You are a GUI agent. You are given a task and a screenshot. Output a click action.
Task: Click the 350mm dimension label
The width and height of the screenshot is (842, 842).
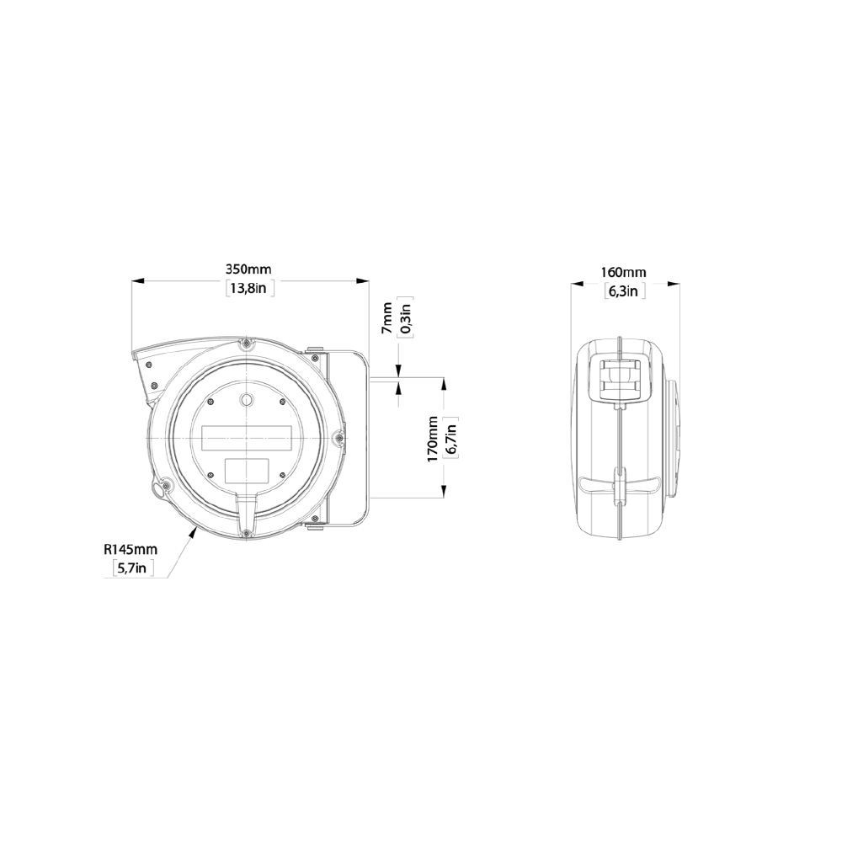click(x=248, y=269)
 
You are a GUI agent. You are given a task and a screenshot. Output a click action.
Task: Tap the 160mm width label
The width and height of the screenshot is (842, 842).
click(x=624, y=272)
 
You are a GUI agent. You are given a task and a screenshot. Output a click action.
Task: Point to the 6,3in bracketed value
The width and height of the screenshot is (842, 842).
click(x=626, y=291)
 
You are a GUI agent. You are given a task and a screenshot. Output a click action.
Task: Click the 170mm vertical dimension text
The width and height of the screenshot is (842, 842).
click(x=433, y=439)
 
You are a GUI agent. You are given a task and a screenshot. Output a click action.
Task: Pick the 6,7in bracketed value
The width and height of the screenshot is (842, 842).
click(x=451, y=439)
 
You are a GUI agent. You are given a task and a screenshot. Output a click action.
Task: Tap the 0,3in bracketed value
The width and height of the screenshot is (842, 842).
click(x=405, y=319)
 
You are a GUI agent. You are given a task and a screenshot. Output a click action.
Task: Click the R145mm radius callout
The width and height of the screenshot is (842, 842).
click(x=131, y=549)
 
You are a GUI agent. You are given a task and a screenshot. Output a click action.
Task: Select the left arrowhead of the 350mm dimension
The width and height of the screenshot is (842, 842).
click(x=136, y=281)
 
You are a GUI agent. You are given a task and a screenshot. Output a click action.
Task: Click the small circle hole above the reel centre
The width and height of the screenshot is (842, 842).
click(x=246, y=398)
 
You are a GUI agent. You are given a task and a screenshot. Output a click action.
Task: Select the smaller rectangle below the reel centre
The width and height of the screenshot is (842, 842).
click(x=246, y=469)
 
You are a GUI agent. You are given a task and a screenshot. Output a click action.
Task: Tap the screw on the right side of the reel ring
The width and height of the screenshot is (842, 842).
click(x=338, y=436)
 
